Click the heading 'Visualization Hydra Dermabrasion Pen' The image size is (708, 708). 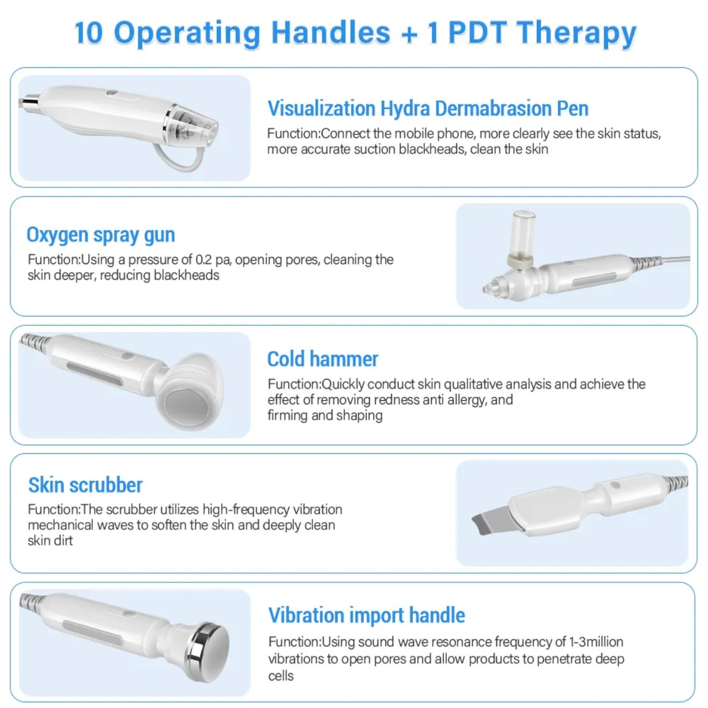point(427,108)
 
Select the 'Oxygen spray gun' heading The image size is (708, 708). point(100,235)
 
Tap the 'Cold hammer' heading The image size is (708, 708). point(322,359)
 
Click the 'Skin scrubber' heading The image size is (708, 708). point(85,485)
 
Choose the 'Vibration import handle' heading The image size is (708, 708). point(366,615)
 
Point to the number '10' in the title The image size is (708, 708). point(89,32)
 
